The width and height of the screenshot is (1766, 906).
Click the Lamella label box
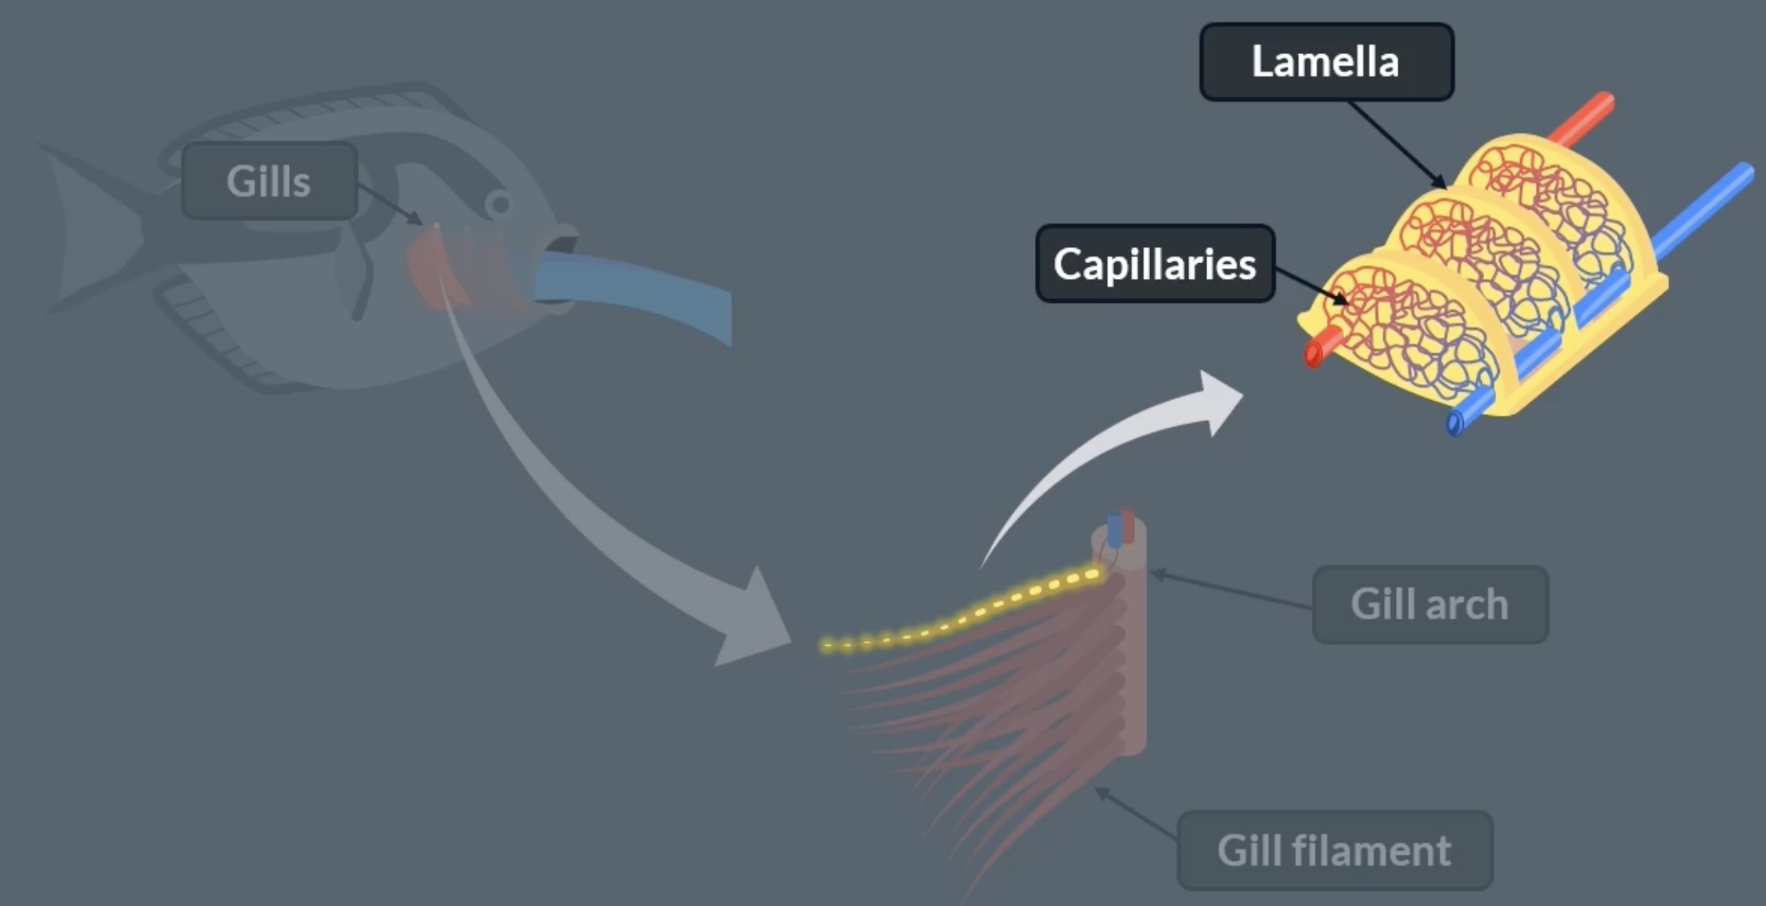1326,62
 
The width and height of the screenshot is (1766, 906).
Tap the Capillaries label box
1154,264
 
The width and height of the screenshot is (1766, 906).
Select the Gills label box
269,181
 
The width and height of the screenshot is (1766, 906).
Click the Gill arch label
1429,604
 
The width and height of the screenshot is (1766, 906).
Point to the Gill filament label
1334,851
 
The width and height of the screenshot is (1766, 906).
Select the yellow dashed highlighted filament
959,616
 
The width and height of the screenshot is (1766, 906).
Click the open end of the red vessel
1313,354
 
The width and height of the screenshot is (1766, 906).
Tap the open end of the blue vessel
1454,424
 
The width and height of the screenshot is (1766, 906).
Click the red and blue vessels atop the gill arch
1120,528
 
